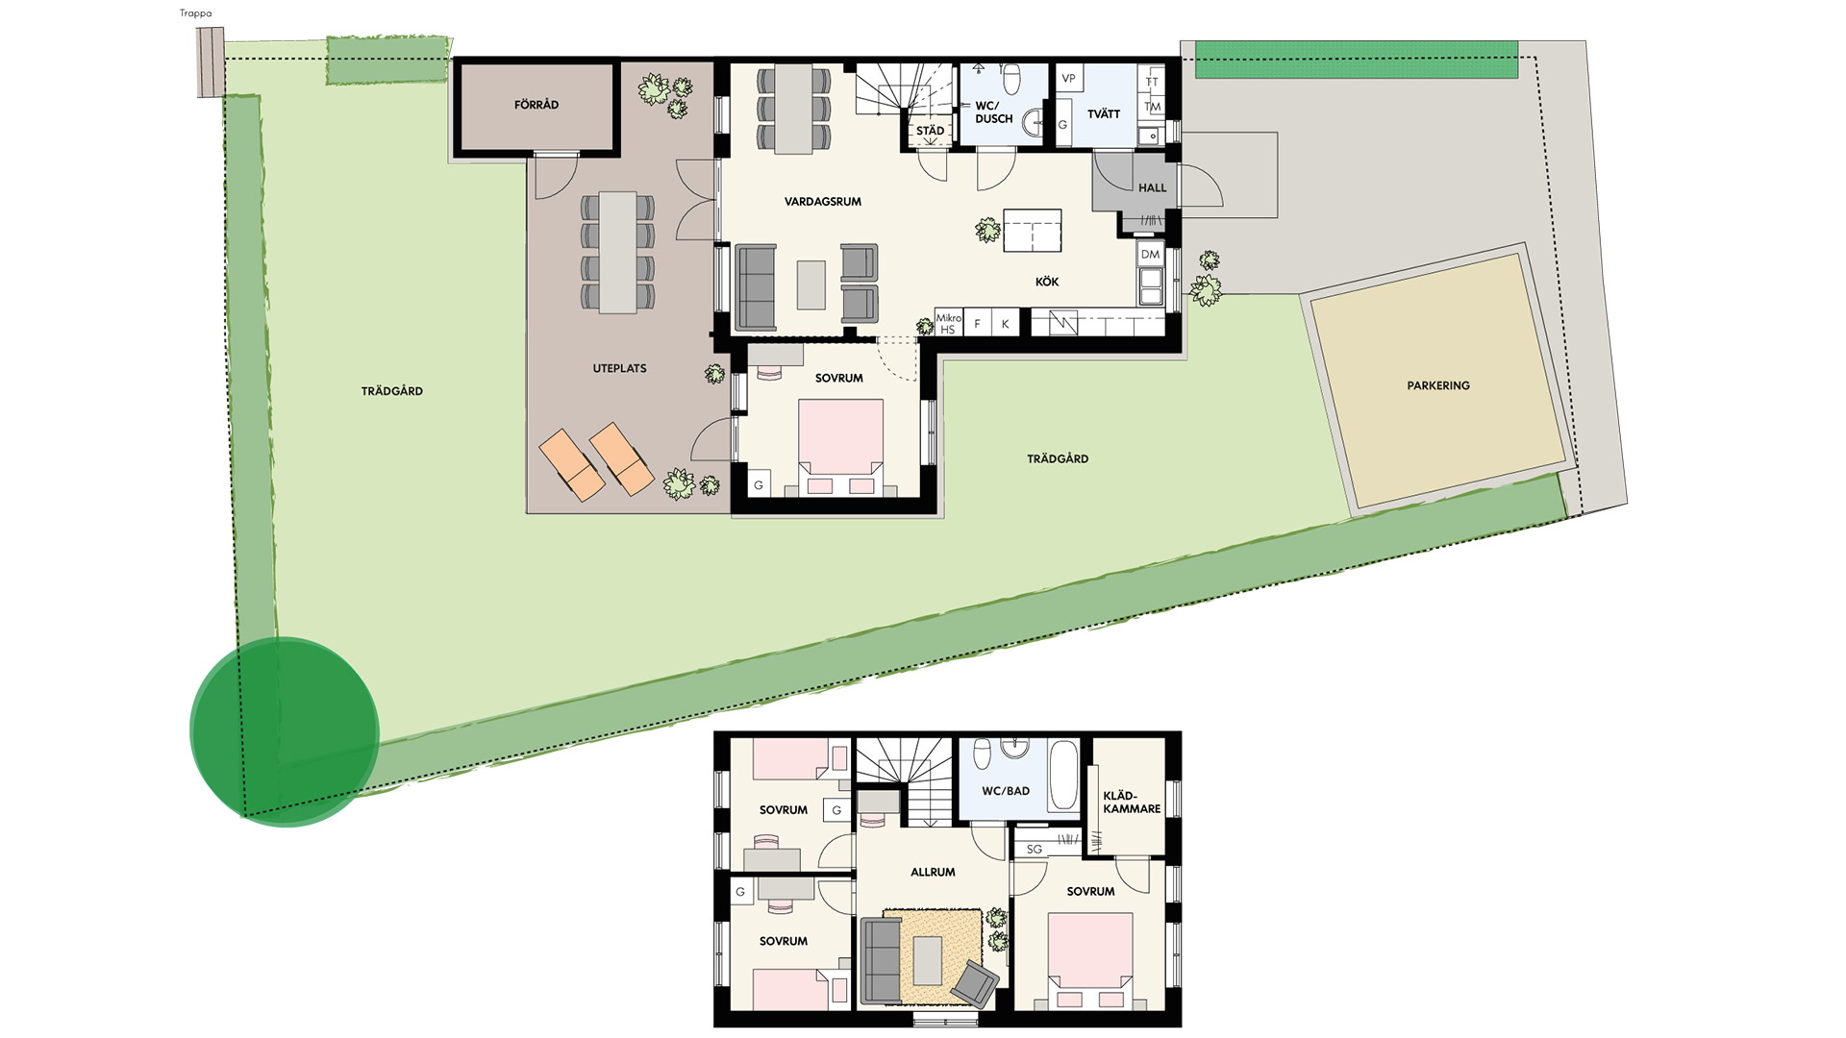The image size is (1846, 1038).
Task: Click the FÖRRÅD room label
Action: tap(536, 105)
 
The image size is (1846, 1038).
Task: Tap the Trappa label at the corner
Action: tap(195, 13)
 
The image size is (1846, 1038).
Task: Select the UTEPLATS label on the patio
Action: tap(619, 368)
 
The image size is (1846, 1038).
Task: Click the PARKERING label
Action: tap(1438, 385)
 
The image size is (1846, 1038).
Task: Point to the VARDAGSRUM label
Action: tap(823, 202)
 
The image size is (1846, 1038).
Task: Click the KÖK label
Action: tap(1047, 282)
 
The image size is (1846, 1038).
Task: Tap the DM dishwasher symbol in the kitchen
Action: tap(1150, 254)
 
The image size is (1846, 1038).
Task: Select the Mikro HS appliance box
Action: tap(948, 324)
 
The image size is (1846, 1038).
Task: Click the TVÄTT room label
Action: tap(1104, 114)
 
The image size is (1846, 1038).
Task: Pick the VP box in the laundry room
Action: tap(1068, 78)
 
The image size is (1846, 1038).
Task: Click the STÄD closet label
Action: tap(930, 131)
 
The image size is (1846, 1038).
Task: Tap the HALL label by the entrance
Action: tap(1152, 188)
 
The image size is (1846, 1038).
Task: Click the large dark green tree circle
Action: tap(285, 732)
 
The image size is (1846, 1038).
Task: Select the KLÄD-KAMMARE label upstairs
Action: tap(1132, 803)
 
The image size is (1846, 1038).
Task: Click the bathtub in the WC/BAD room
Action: tap(1062, 775)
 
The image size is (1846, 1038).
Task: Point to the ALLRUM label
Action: tap(933, 873)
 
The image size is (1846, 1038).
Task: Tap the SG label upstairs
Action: tap(1034, 850)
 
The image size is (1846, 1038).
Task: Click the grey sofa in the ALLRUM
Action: tap(879, 961)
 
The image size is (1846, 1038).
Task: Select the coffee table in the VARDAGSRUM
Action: tap(811, 285)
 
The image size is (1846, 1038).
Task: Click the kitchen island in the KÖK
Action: tap(1033, 231)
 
